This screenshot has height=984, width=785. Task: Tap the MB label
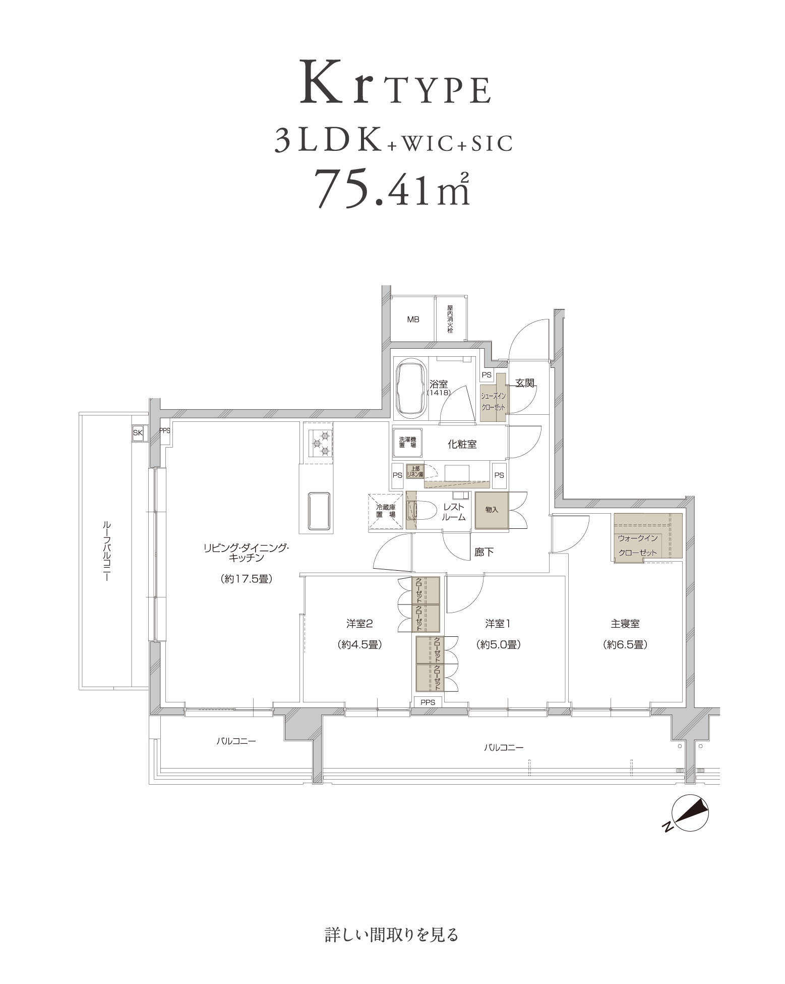point(413,319)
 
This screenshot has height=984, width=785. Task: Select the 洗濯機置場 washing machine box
point(407,443)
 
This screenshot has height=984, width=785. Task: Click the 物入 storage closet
point(492,510)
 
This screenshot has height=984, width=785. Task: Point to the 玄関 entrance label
point(524,383)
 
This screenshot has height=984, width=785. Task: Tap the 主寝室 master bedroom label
point(625,624)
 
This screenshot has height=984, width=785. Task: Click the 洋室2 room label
point(359,624)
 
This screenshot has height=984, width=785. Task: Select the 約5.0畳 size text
point(497,644)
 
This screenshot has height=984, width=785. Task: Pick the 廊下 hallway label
point(484,552)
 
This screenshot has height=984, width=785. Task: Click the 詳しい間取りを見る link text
point(391,935)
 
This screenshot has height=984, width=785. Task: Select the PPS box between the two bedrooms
point(428,702)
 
